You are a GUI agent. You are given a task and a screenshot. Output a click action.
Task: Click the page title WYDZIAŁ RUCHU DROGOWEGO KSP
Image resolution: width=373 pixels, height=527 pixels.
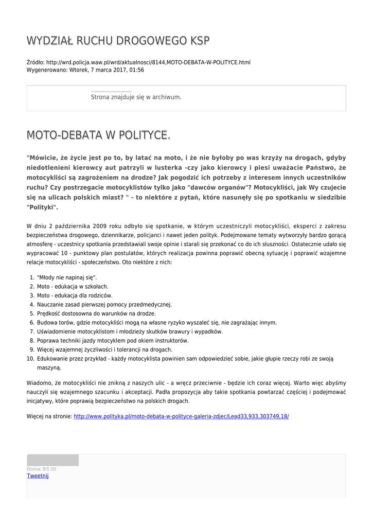(118, 41)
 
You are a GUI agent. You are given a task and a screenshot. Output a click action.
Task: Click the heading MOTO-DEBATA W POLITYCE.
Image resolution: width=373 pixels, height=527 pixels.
(98, 135)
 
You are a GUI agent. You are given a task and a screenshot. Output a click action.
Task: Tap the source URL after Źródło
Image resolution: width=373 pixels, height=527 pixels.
(148, 62)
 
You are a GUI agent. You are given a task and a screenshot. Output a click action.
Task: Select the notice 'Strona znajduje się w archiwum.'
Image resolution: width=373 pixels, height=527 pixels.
(136, 97)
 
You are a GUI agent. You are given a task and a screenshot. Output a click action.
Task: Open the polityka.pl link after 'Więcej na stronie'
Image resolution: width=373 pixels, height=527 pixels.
(181, 416)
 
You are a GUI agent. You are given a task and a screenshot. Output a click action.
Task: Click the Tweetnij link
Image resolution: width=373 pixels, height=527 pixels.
(38, 476)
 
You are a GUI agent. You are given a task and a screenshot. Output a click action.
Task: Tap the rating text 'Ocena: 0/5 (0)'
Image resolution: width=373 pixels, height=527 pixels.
(42, 469)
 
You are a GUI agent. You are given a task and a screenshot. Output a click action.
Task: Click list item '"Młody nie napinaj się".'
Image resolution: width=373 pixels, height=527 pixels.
(63, 277)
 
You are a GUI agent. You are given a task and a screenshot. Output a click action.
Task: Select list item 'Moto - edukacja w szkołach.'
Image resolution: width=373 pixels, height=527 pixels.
(73, 287)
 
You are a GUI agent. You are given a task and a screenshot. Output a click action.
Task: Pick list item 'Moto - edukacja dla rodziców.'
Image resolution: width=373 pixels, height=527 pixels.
(75, 295)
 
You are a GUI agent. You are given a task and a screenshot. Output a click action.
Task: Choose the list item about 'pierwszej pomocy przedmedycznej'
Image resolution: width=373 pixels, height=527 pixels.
(104, 305)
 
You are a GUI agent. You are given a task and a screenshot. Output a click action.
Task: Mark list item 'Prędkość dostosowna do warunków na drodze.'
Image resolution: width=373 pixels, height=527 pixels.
(96, 313)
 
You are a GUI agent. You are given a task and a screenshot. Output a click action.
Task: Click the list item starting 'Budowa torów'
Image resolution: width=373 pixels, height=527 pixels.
(157, 323)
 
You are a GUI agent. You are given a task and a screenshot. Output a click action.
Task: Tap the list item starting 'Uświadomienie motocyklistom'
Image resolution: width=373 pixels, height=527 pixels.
(130, 331)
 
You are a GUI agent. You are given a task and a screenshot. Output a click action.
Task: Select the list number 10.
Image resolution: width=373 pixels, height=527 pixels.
(30, 359)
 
